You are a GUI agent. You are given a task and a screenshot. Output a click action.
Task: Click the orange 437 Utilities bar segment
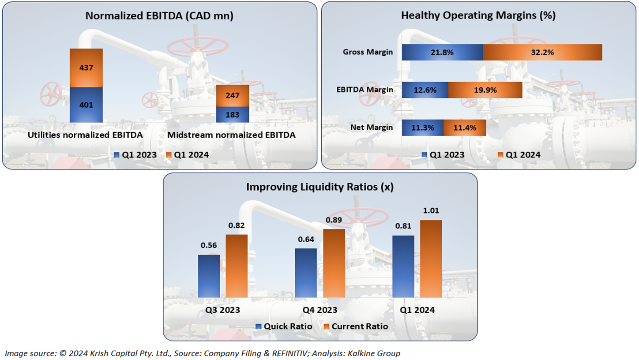point(86,67)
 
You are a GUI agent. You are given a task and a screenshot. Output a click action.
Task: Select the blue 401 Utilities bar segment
point(86,105)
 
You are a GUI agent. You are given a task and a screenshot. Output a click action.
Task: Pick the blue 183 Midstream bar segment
point(233,115)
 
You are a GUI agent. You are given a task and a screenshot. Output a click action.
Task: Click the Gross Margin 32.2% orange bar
point(542,52)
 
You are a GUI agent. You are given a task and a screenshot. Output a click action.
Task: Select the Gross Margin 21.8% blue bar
point(442,52)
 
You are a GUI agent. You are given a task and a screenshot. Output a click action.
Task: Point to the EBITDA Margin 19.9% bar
point(485,90)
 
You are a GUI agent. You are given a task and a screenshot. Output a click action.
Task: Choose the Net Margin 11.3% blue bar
point(422,128)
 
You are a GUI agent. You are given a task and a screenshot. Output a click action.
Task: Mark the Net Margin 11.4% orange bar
point(464,128)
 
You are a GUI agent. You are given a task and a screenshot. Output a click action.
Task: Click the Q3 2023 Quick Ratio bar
point(209,276)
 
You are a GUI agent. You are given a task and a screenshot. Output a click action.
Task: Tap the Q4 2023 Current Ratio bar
point(334,263)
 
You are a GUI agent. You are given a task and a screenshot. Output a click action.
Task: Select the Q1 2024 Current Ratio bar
point(431,259)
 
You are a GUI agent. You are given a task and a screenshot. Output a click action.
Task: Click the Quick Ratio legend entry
point(284,326)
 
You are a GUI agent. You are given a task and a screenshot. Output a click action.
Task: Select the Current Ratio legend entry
point(356,326)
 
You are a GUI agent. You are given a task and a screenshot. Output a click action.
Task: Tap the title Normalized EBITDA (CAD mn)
point(159,16)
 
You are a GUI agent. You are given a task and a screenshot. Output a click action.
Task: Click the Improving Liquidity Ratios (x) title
point(320,187)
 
